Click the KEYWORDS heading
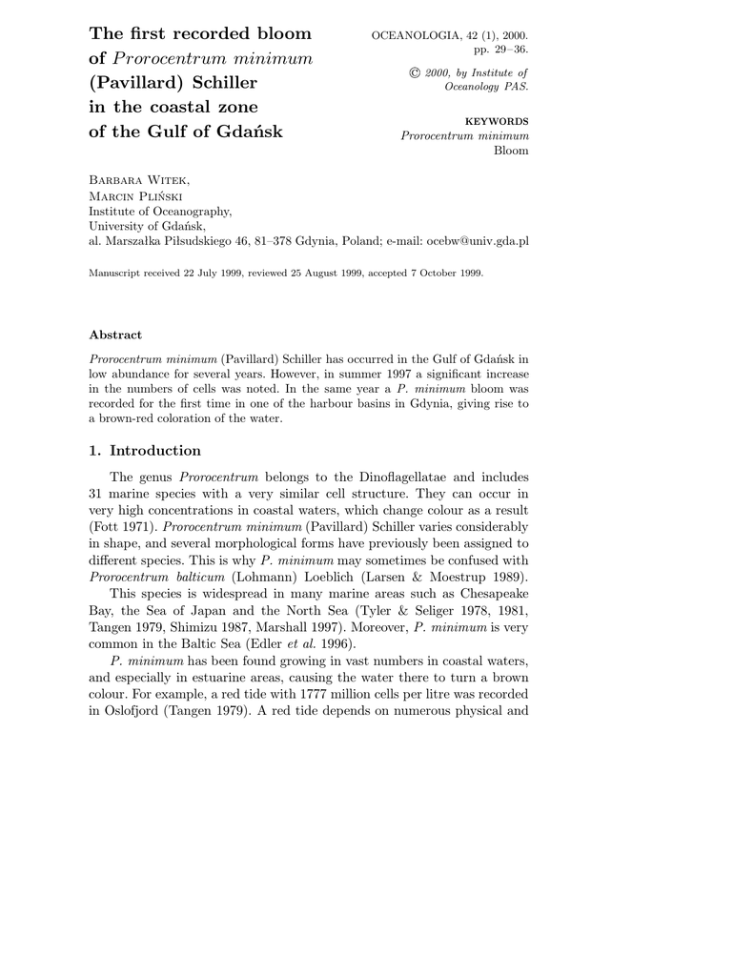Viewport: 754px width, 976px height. point(496,121)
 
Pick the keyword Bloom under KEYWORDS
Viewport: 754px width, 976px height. point(511,152)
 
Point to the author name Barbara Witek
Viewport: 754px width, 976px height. point(137,180)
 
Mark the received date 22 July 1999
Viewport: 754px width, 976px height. point(209,273)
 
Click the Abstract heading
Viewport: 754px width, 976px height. point(115,335)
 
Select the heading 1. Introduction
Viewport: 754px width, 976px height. point(145,451)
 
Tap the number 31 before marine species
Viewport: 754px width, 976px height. point(96,493)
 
